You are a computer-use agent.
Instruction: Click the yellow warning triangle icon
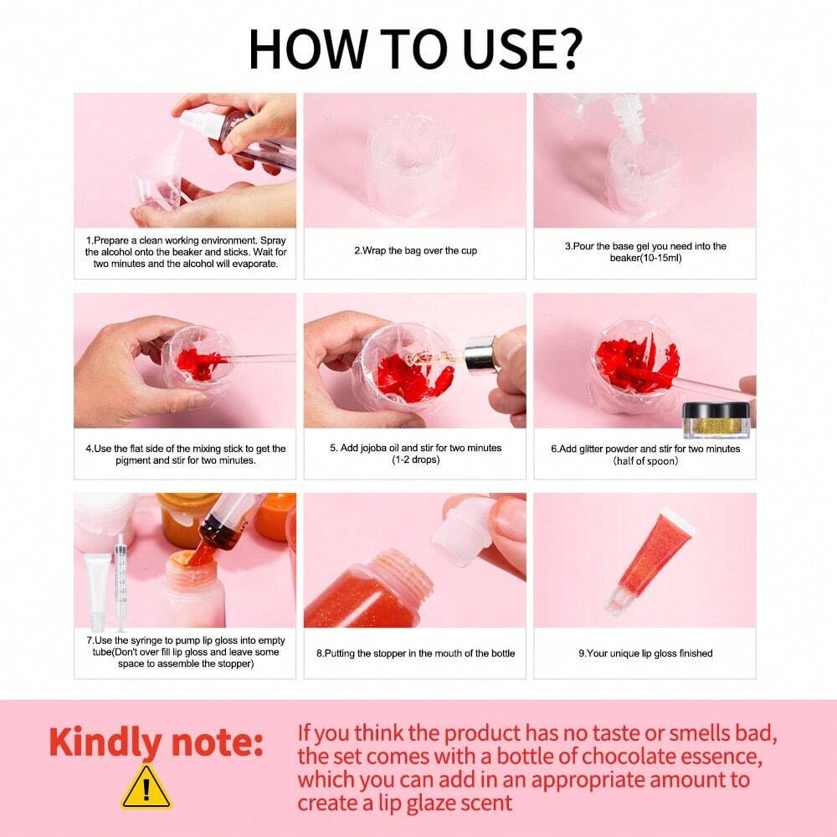coord(146,787)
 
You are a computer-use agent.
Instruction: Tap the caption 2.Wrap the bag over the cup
coord(415,250)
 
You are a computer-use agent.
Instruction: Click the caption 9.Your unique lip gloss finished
coord(645,654)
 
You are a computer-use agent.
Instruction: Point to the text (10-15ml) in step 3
coord(646,258)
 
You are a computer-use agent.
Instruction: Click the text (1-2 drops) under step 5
coord(416,460)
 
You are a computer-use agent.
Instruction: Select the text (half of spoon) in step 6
coord(645,460)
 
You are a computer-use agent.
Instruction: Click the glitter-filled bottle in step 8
coord(368,593)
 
